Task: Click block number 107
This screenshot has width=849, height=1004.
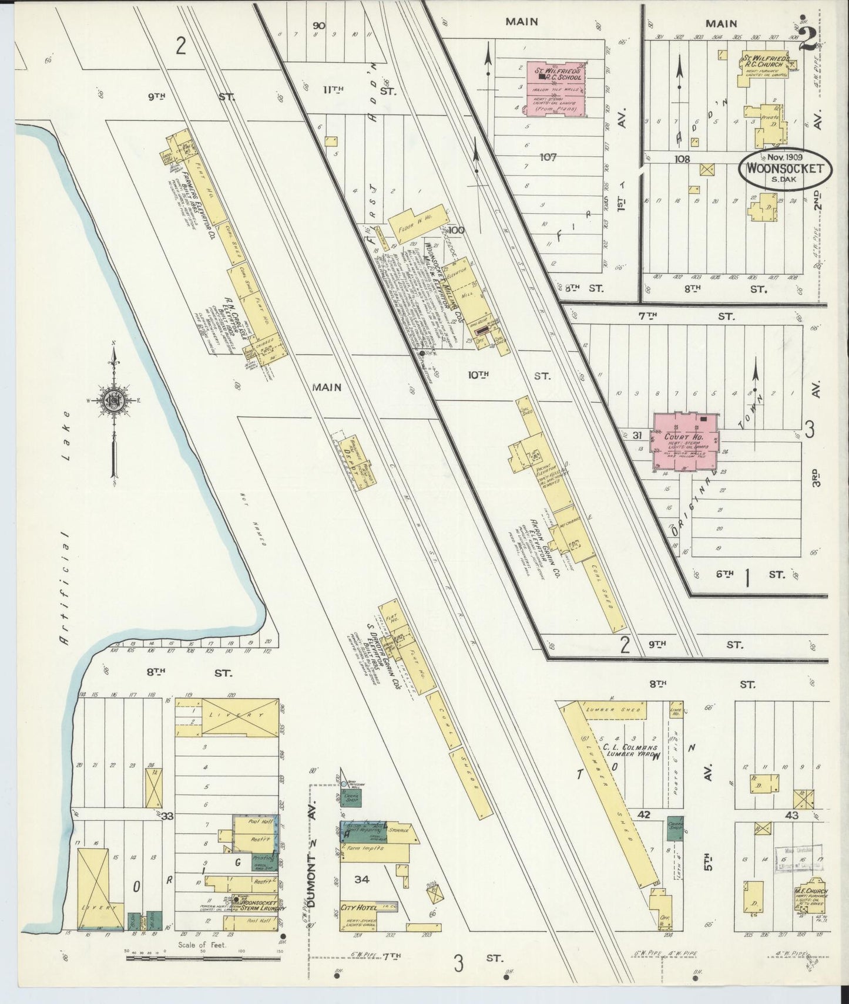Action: [x=551, y=157]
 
